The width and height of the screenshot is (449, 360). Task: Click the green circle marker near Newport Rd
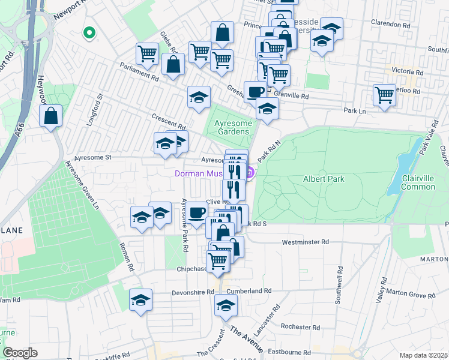coord(89,32)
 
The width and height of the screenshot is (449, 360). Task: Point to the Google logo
coord(20,353)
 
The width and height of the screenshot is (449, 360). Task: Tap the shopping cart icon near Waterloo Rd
coord(384,94)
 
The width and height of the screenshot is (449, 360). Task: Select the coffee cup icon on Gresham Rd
coord(255,92)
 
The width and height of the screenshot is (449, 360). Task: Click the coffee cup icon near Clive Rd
coord(196,212)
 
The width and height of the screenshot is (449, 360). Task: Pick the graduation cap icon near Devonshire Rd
coord(140,299)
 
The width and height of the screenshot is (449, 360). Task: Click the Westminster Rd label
coord(306,242)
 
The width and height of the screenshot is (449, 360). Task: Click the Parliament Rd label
coord(139,71)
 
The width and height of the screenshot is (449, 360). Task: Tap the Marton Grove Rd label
coord(414,295)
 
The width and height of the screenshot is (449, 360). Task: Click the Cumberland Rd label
coord(254,291)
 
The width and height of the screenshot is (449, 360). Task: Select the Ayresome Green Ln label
coord(83,184)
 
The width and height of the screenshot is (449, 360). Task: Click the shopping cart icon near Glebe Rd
coord(147,53)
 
